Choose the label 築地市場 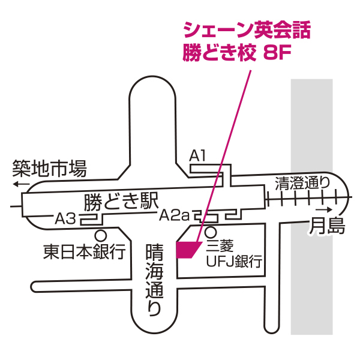pos(50,168)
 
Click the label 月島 pos(328,226)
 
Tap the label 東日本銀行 pos(83,251)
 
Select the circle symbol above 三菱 pos(211,231)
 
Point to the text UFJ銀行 pos(234,262)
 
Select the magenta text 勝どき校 pos(220,53)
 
